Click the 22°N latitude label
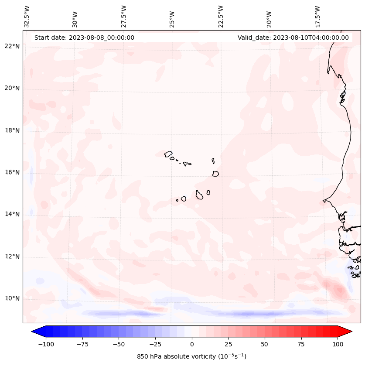(12, 46)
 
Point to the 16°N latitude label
(12, 172)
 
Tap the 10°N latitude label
(12, 299)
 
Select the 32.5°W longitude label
(27, 16)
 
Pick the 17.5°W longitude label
(317, 16)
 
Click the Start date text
(84, 38)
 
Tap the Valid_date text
(293, 38)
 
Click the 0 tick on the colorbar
(192, 344)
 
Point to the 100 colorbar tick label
(338, 344)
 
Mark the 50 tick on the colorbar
(265, 344)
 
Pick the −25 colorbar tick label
(155, 344)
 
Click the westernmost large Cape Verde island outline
(168, 154)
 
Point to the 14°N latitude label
(12, 214)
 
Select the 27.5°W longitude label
(124, 16)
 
